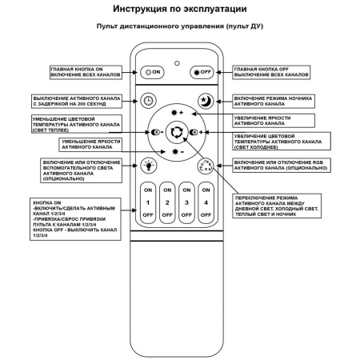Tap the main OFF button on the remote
click(x=202, y=72)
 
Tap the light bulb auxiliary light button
click(x=148, y=166)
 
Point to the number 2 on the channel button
click(x=166, y=203)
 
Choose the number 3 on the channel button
click(x=186, y=203)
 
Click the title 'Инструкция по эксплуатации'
click(x=179, y=10)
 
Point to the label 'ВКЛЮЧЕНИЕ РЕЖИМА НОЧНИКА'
click(x=276, y=100)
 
